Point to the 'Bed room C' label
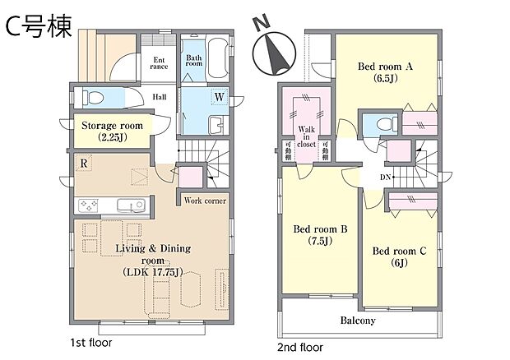click(x=400, y=256)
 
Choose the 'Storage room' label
click(x=111, y=131)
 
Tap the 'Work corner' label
click(x=205, y=200)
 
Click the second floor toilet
click(x=379, y=125)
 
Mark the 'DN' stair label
click(x=385, y=176)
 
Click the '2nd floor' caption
click(x=300, y=347)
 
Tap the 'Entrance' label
click(x=159, y=62)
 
